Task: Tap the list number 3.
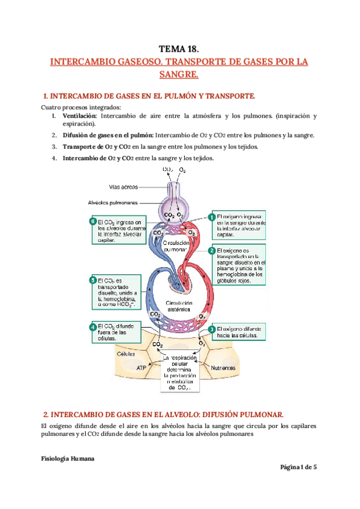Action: [x=54, y=146]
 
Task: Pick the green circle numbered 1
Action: [x=212, y=216]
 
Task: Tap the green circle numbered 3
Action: [x=212, y=330]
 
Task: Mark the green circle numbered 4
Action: [x=92, y=327]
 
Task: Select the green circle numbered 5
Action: [x=92, y=280]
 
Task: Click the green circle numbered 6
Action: [x=92, y=221]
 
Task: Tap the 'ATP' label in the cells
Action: [x=142, y=367]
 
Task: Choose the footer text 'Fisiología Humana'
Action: [x=67, y=458]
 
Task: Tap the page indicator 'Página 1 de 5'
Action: [x=298, y=467]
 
